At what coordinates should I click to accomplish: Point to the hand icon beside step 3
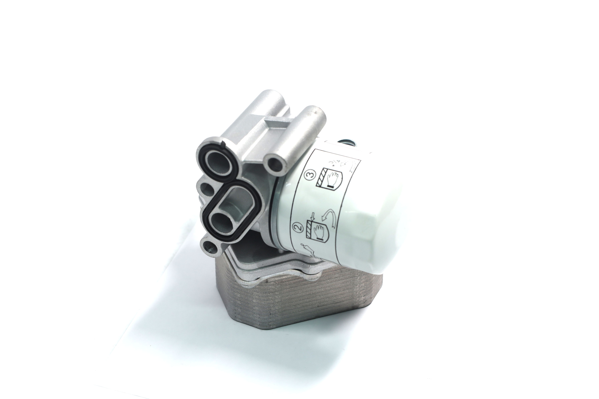tap(334, 178)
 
